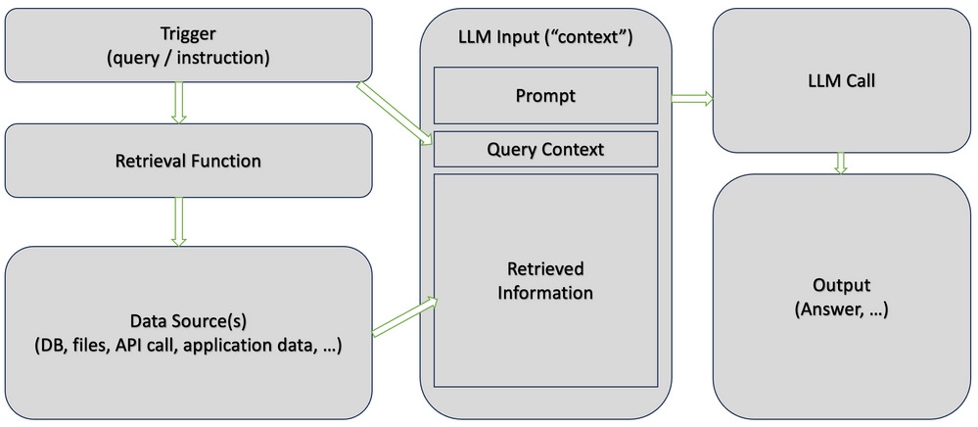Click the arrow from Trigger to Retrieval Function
coord(179,103)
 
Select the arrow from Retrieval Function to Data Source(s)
coord(179,221)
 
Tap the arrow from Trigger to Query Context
coord(395,114)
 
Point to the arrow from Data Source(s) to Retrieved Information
coord(404,317)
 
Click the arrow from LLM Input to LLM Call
coord(692,97)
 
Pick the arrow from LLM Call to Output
coord(841,163)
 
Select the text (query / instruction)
coord(188,59)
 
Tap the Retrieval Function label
coord(188,161)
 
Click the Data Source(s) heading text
coord(188,323)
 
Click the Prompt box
coord(545,96)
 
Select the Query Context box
coord(545,149)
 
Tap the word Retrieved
coord(545,269)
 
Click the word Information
coord(545,292)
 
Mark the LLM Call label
coord(841,81)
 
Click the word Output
coord(841,286)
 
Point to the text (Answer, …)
coord(841,309)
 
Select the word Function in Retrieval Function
coord(225,161)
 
